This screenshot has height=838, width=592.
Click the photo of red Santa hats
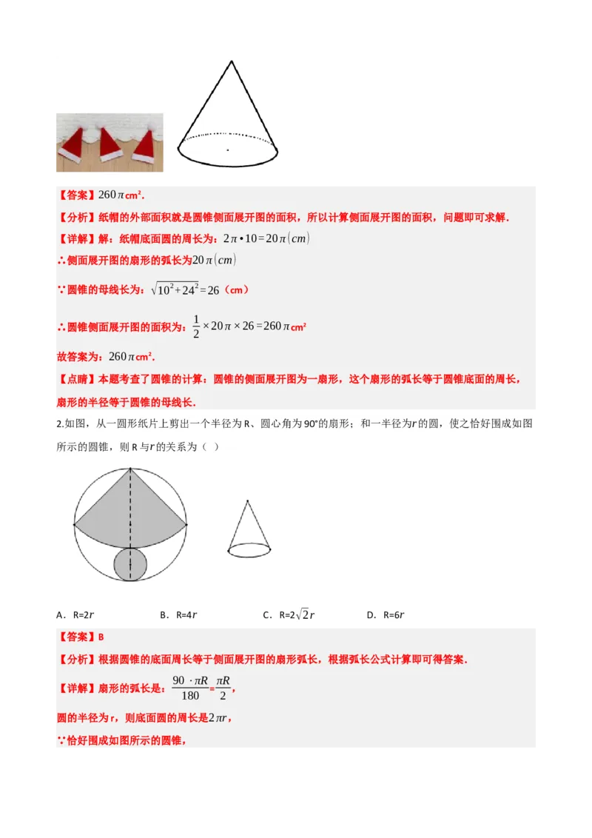108,142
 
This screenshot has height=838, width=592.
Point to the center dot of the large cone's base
227,150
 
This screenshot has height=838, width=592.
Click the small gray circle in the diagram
130,565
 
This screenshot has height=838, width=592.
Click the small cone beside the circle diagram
248,529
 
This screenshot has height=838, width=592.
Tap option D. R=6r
386,614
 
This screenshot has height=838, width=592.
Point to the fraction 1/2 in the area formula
196,326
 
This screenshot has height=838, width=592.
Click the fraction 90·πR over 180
190,688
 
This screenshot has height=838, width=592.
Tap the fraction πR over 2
223,688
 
